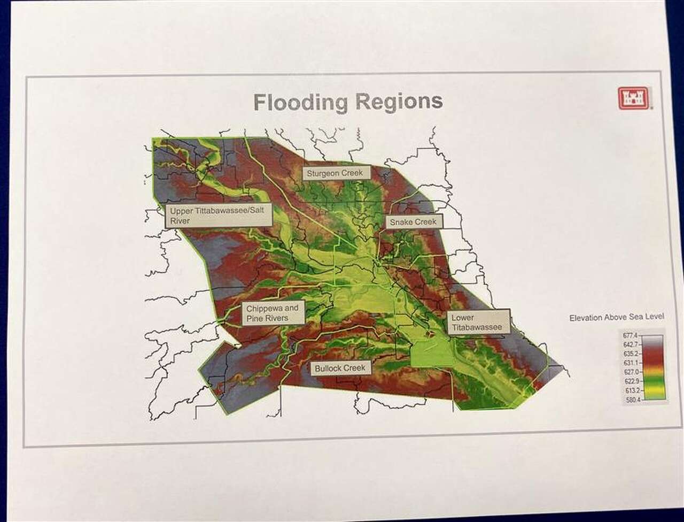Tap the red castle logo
pos(633,98)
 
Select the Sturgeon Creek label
pos(335,173)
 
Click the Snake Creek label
pos(413,222)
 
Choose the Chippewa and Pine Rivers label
pos(273,313)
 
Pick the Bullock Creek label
pos(340,369)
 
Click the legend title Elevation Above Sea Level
pos(617,318)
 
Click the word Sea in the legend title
pos(636,318)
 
